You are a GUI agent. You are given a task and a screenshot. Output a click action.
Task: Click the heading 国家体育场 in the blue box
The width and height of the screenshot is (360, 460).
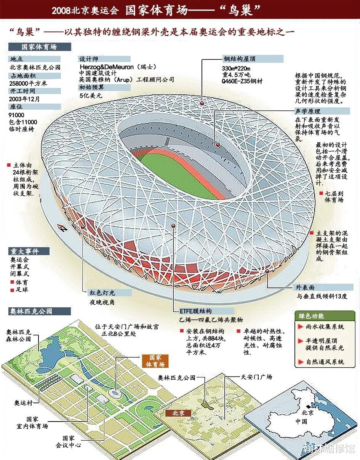[x=39, y=47]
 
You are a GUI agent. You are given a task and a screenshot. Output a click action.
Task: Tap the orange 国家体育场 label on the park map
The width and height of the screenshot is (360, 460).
[x=155, y=361]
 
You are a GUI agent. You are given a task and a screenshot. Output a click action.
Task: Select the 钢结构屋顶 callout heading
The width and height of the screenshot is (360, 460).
[x=239, y=59]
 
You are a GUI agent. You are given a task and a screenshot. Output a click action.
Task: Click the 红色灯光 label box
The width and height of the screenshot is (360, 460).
[x=102, y=293]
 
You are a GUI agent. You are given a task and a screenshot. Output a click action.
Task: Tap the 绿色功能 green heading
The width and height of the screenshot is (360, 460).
[x=310, y=316]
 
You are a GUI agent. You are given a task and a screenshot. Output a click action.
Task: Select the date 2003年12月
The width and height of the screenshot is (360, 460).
[x=25, y=99]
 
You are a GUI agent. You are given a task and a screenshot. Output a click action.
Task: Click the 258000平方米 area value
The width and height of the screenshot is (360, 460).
[x=27, y=83]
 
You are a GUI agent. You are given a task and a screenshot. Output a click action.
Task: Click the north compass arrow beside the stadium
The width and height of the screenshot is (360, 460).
[x=62, y=228]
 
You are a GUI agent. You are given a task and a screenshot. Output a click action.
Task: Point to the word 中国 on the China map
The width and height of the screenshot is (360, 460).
[x=301, y=422]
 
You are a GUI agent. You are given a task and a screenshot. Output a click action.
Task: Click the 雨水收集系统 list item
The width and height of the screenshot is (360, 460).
[x=325, y=327]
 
